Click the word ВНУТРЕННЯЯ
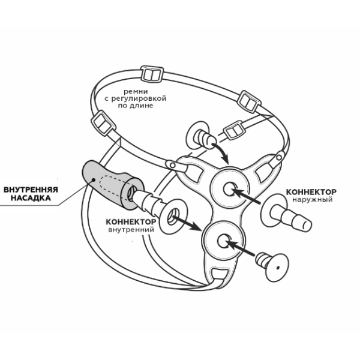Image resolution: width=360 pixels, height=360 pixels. pos(31,190)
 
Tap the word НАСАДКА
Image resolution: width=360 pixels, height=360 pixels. pos(31,198)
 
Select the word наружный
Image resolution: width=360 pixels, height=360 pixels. pos(312,200)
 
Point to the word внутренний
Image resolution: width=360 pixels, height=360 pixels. pos(131,229)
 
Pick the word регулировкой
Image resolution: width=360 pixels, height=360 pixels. pos(139,99)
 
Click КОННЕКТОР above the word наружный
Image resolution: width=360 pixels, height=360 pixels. pos(311,192)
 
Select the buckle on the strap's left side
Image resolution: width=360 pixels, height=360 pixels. pos(103,123)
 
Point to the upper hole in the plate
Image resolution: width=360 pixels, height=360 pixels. pos(230,189)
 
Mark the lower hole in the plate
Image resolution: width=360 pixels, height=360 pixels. pos(224,241)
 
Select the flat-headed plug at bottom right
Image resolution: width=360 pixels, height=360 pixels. pos(272,267)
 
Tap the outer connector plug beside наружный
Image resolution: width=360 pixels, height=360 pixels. pos(286,214)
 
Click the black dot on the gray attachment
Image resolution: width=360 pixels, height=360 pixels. pos(94,179)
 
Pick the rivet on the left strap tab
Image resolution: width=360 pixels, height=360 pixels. pos(172,165)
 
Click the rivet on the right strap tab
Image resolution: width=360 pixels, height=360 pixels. pos(279,157)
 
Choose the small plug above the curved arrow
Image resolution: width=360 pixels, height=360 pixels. pos(200,136)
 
